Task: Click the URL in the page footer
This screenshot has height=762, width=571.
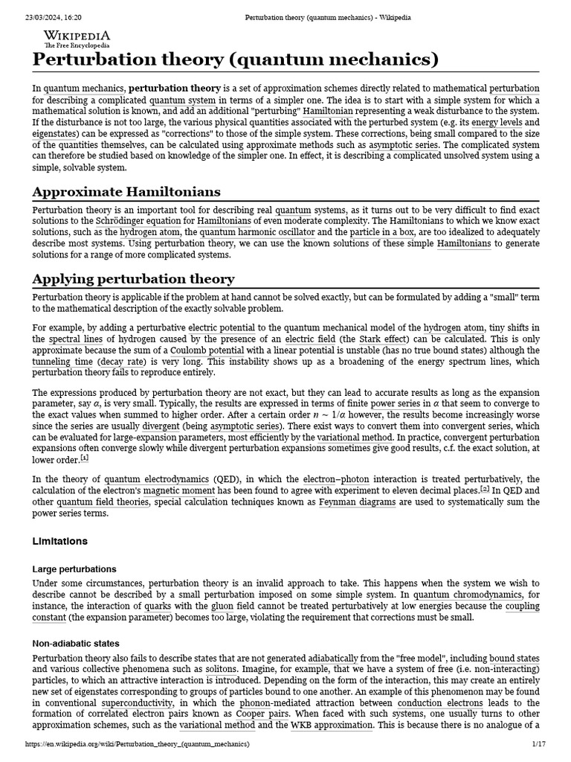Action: coord(138,743)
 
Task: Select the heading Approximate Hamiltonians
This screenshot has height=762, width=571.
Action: coord(126,191)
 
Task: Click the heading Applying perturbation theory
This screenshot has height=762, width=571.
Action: coord(133,279)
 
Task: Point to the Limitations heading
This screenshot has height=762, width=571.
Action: coord(60,541)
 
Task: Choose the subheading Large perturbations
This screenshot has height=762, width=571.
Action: coord(74,569)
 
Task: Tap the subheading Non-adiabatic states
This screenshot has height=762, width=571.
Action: coord(76,643)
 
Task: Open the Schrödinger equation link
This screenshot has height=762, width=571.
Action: coord(138,222)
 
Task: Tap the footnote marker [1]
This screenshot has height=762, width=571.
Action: coord(85,458)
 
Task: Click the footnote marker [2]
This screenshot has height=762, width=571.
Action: coord(485,489)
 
